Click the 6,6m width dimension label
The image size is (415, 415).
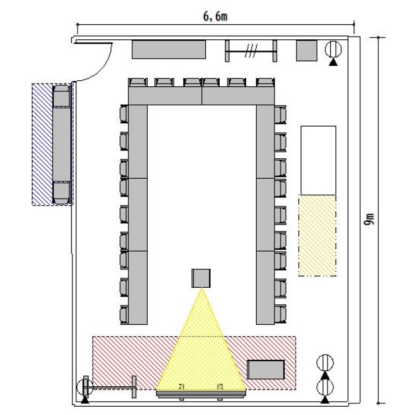click(215, 17)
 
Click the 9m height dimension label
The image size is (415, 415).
click(370, 219)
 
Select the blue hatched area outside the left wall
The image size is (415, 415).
click(42, 144)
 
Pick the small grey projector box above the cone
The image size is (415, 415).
click(201, 278)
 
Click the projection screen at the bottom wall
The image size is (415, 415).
click(201, 394)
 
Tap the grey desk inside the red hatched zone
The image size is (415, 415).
click(266, 370)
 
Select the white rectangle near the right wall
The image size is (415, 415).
click(318, 160)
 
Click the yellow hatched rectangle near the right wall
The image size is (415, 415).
click(318, 236)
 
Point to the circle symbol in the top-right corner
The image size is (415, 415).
click(333, 49)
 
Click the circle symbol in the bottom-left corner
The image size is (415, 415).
click(85, 387)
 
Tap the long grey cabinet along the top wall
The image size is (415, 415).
click(169, 49)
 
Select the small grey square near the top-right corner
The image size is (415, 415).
click(307, 50)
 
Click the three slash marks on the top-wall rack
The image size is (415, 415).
click(251, 50)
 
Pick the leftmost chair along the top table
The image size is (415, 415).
click(138, 82)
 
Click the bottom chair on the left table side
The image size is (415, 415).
click(124, 315)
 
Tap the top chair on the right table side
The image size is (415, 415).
click(281, 115)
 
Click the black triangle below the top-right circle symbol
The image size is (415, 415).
click(333, 63)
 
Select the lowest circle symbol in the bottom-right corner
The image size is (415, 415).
click(325, 387)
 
